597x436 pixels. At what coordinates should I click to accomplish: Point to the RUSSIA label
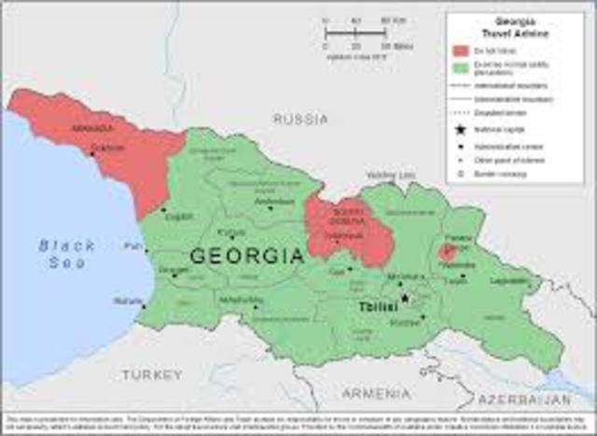click(300, 120)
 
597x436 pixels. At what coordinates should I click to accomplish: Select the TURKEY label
click(151, 374)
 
